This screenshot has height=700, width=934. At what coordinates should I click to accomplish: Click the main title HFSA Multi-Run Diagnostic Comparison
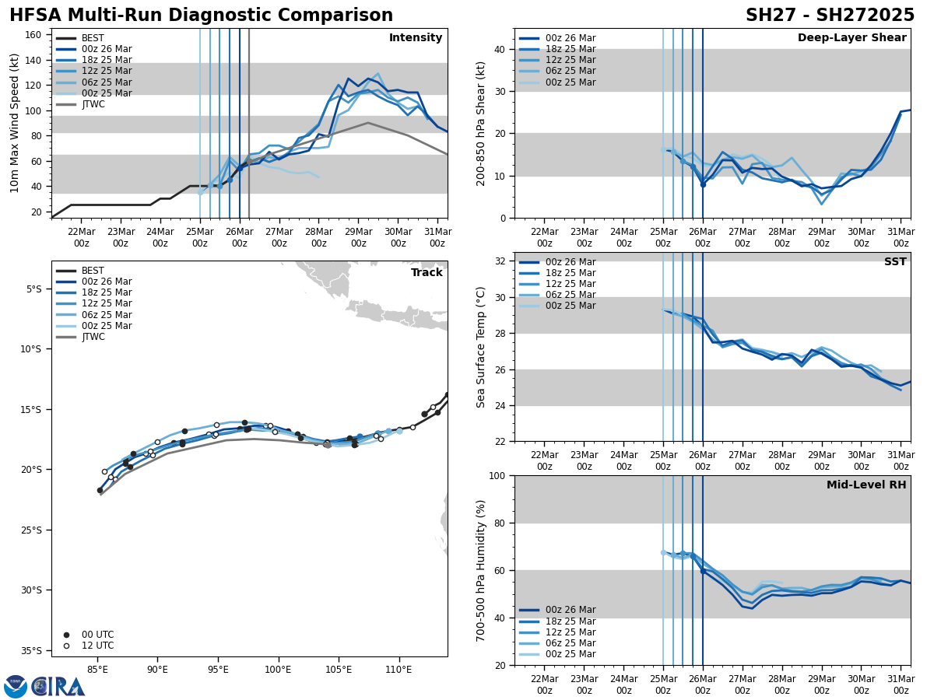201,16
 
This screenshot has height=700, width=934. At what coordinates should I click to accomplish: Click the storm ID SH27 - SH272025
830,16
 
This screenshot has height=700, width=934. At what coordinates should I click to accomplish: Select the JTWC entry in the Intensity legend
98,104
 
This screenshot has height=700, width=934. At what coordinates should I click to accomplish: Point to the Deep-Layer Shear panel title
851,38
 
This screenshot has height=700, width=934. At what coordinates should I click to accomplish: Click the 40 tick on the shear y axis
500,50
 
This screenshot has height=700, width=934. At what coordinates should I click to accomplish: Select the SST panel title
894,262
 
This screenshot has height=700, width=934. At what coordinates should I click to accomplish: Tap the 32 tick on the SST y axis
500,261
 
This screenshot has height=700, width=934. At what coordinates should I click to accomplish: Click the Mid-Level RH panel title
866,485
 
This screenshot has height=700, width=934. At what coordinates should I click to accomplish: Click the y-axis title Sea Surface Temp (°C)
481,347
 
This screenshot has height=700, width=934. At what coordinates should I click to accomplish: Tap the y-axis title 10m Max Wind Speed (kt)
15,123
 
